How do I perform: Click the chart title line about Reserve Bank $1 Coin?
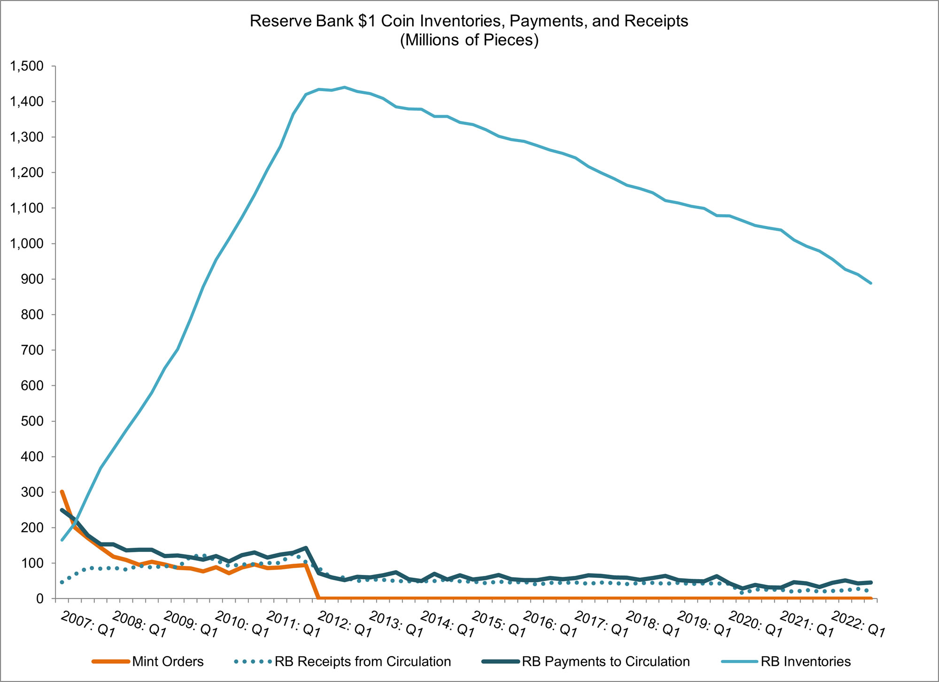pyautogui.click(x=469, y=21)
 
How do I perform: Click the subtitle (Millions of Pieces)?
pyautogui.click(x=469, y=40)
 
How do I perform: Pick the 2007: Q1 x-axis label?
pyautogui.click(x=88, y=624)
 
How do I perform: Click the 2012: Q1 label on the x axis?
pyautogui.click(x=345, y=624)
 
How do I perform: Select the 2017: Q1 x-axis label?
pyautogui.click(x=602, y=624)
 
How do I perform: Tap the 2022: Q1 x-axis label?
pyautogui.click(x=858, y=624)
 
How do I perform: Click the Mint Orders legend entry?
pyautogui.click(x=168, y=662)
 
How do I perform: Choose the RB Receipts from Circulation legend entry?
pyautogui.click(x=362, y=662)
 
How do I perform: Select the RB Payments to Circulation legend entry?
pyautogui.click(x=606, y=662)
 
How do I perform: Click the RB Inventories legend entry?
pyautogui.click(x=806, y=662)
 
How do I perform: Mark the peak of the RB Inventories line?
pyautogui.click(x=345, y=87)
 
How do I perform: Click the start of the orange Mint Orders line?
pyautogui.click(x=62, y=492)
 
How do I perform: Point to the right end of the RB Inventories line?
pyautogui.click(x=871, y=283)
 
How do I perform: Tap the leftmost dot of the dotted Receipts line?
pyautogui.click(x=62, y=582)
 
